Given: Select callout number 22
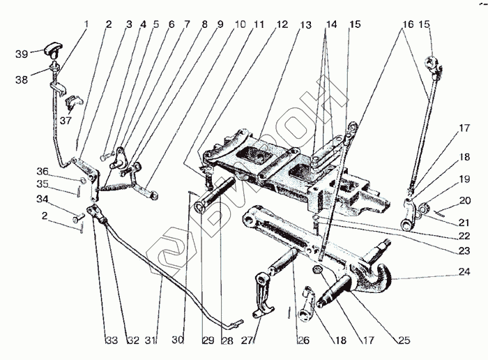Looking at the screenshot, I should [x=464, y=236].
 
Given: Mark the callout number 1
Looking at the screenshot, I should [x=86, y=24].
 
